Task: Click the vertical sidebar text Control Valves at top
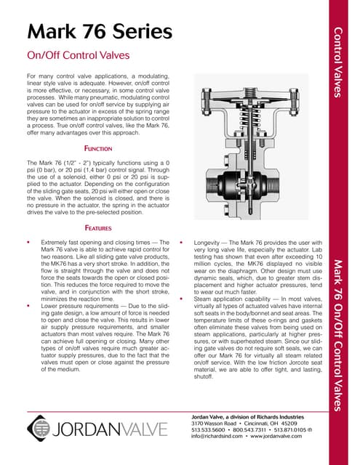click(337, 61)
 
